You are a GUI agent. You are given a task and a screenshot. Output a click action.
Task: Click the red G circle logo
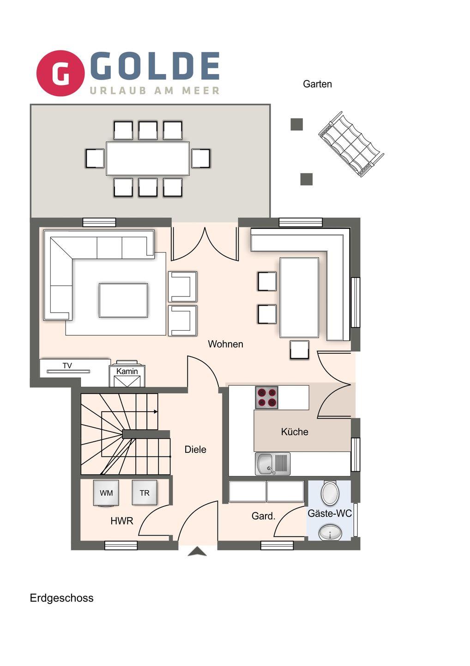coord(60,73)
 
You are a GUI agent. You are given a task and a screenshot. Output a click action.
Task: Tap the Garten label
coord(317,84)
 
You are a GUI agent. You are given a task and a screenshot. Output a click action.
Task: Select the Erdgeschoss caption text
coord(62,598)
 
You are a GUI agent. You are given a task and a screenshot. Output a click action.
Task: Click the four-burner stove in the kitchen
coord(266,398)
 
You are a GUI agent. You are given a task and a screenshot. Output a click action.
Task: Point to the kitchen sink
coord(272,464)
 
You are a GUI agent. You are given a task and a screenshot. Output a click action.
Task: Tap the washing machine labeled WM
coord(106,493)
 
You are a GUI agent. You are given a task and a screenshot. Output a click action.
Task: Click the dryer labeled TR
coord(145,493)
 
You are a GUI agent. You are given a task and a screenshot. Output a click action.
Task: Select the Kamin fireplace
coord(127,374)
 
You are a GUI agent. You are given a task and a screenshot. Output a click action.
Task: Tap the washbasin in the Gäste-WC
coord(330,532)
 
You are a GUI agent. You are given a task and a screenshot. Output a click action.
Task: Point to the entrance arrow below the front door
coord(197,552)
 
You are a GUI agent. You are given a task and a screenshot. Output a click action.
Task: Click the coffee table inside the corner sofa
coord(123,300)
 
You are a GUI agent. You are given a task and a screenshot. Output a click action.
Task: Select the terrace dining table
coord(148,159)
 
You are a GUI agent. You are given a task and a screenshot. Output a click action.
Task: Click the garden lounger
coord(351,144)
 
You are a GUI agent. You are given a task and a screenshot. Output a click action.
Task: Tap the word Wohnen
coord(225,344)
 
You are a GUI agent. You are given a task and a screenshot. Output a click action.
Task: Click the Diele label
coord(195,449)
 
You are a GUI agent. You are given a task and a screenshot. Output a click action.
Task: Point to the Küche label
coord(295,432)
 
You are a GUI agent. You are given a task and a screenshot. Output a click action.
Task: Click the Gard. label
coord(263,516)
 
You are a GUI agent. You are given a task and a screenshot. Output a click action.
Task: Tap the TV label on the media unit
coord(67,365)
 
